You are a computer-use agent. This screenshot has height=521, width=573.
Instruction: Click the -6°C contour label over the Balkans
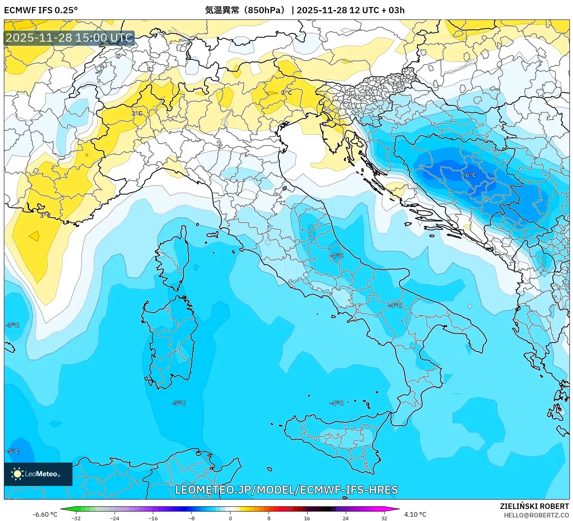(469, 175)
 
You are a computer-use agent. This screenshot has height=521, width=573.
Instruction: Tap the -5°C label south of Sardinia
(179, 403)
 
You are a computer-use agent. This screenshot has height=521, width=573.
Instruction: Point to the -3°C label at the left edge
(12, 325)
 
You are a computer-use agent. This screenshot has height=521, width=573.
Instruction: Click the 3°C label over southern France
(45, 215)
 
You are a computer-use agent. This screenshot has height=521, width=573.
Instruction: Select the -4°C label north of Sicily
(336, 403)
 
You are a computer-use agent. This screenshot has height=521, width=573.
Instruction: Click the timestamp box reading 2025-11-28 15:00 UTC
(69, 38)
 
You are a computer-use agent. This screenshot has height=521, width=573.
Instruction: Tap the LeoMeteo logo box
(38, 474)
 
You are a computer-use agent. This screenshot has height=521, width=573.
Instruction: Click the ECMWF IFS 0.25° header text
(41, 10)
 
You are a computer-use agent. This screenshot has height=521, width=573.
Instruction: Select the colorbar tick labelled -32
(76, 518)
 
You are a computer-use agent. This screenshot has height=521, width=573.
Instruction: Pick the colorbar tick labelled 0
(230, 518)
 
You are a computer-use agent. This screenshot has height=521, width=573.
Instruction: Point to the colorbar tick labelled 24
(345, 518)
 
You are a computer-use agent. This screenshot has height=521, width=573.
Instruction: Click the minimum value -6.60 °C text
(45, 514)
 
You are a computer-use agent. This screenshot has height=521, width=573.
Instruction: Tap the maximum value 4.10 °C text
(415, 514)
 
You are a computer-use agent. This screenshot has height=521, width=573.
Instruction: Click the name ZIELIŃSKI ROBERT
(534, 506)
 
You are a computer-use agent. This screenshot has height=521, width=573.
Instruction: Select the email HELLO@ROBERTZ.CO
(536, 515)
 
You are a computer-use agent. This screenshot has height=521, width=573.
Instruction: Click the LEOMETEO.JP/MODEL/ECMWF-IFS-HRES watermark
(286, 489)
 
